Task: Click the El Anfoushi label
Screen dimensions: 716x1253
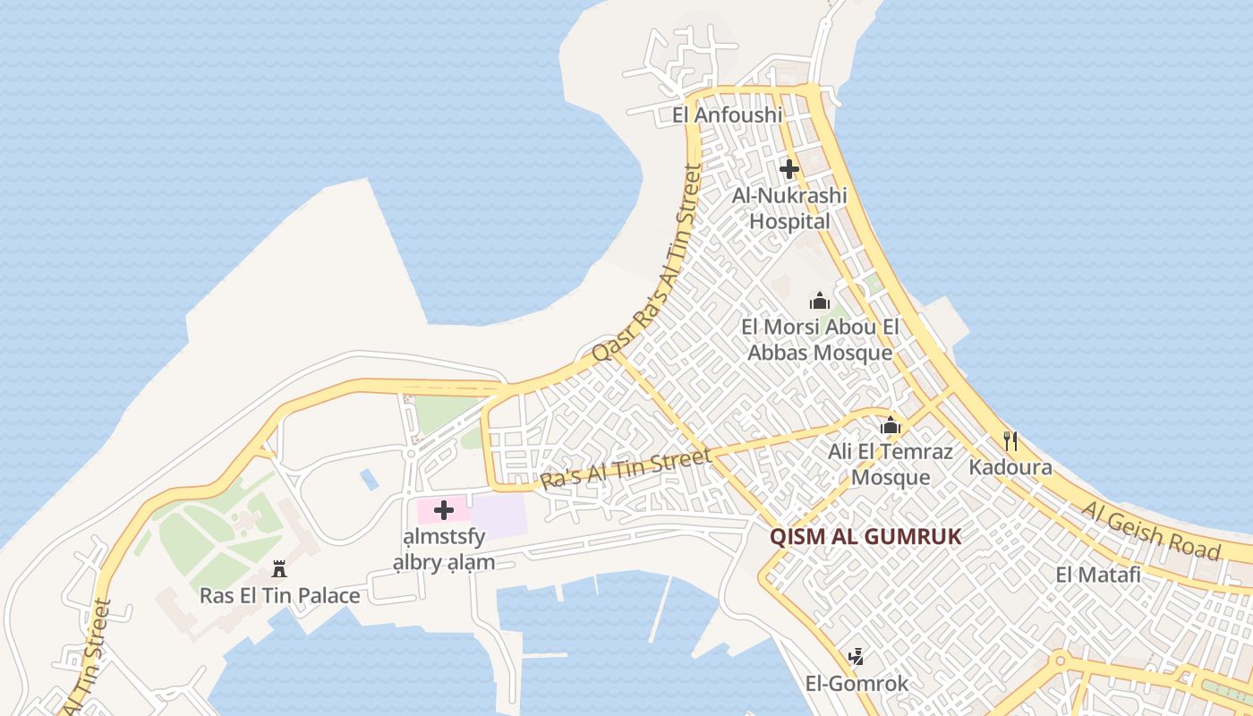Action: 727,115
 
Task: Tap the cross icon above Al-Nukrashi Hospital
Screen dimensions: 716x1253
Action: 788,168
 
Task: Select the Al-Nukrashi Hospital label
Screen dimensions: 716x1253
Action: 788,208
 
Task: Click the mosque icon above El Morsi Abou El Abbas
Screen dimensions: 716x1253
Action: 819,302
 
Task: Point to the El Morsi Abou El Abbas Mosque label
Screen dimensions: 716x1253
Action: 820,340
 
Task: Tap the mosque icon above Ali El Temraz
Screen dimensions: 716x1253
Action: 890,426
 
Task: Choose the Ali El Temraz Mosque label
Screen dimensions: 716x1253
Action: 890,464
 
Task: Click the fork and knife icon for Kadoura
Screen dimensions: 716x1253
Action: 1010,440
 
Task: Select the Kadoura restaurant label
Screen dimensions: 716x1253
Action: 1010,467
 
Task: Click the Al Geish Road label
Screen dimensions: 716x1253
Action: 1151,530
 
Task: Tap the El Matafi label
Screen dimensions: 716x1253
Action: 1098,575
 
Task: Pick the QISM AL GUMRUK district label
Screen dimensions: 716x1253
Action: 865,537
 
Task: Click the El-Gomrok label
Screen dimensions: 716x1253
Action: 857,684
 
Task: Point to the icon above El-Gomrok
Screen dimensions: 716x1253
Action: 856,658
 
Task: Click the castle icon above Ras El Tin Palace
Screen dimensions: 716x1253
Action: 279,569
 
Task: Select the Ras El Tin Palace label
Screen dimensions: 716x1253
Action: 279,595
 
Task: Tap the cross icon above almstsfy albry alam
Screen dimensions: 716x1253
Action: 443,511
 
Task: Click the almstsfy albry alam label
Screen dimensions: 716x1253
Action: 443,550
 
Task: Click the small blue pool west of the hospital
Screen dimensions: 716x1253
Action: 369,479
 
